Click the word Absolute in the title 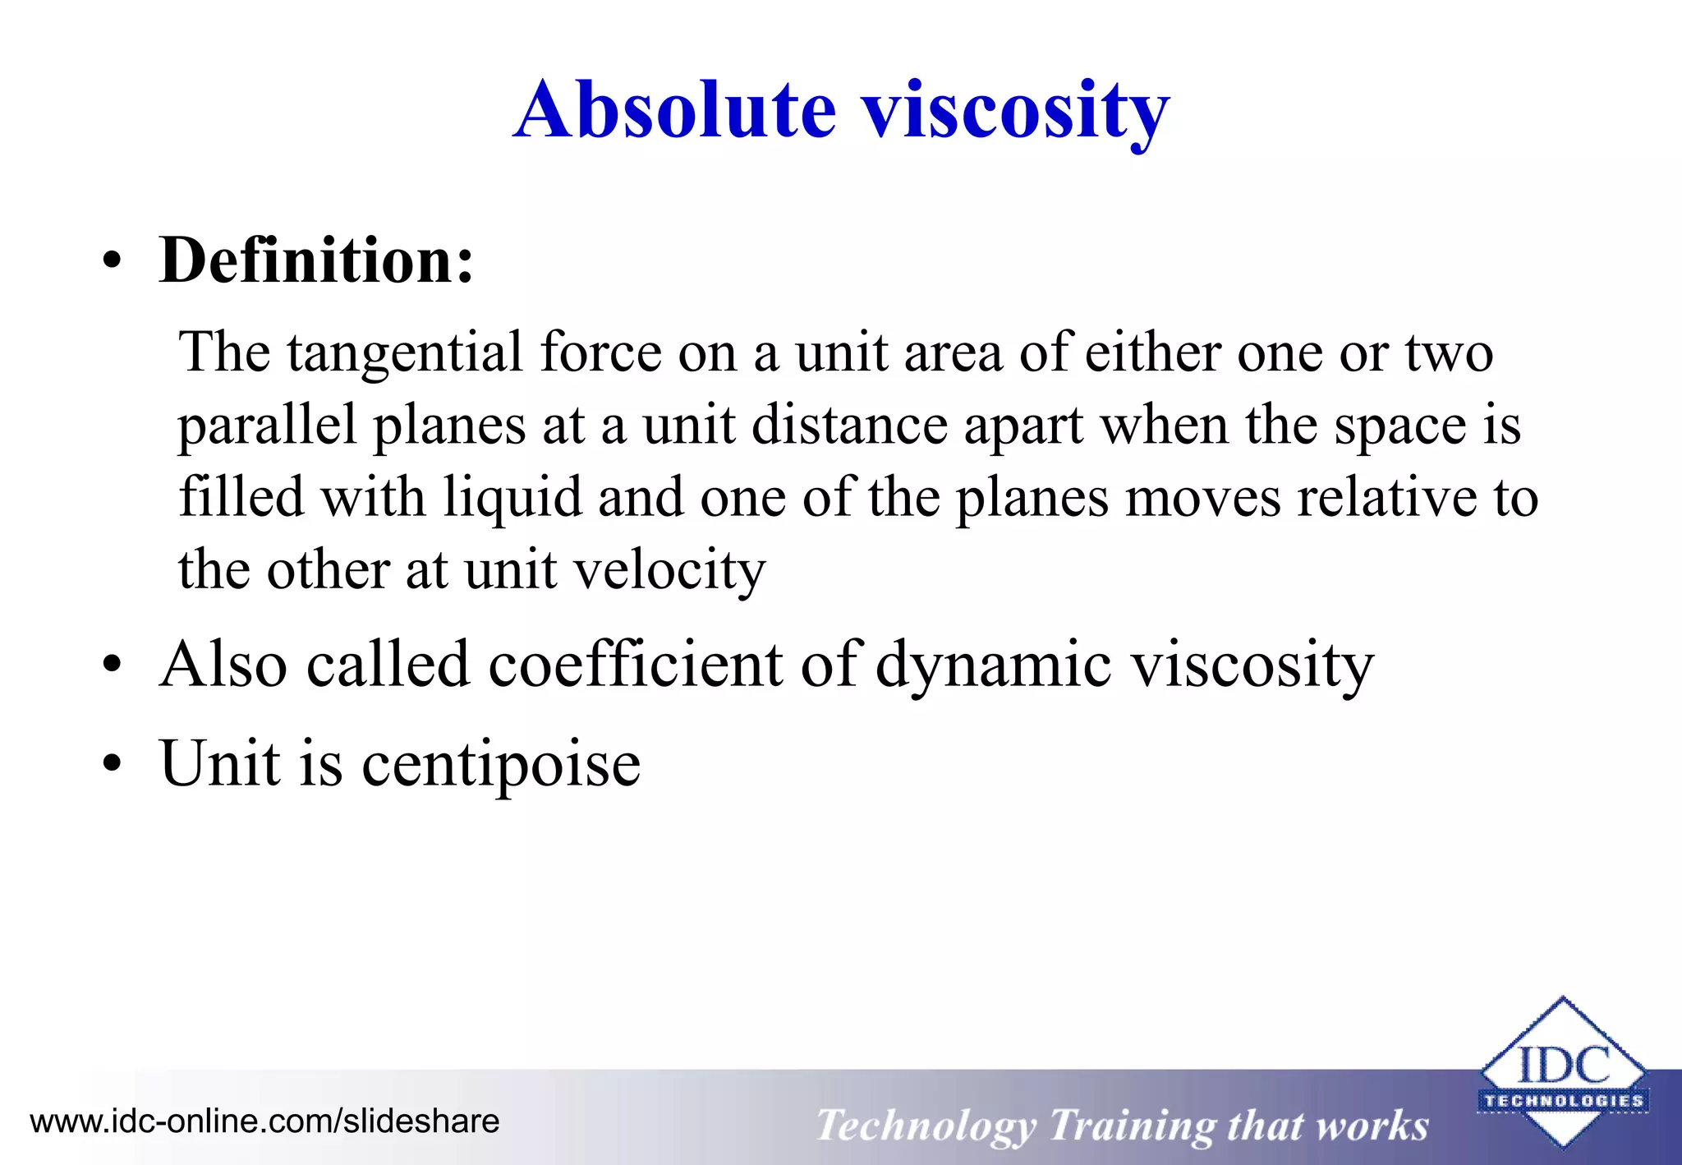[x=675, y=110]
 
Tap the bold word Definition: [x=316, y=260]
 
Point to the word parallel [x=267, y=426]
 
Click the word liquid [x=512, y=498]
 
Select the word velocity [x=669, y=569]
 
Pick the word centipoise [x=501, y=763]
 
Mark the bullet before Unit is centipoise [x=113, y=764]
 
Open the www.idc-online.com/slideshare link [x=264, y=1121]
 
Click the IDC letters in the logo [x=1563, y=1066]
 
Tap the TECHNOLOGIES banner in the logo [x=1563, y=1101]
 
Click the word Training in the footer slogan [x=1133, y=1125]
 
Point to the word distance [x=848, y=426]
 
